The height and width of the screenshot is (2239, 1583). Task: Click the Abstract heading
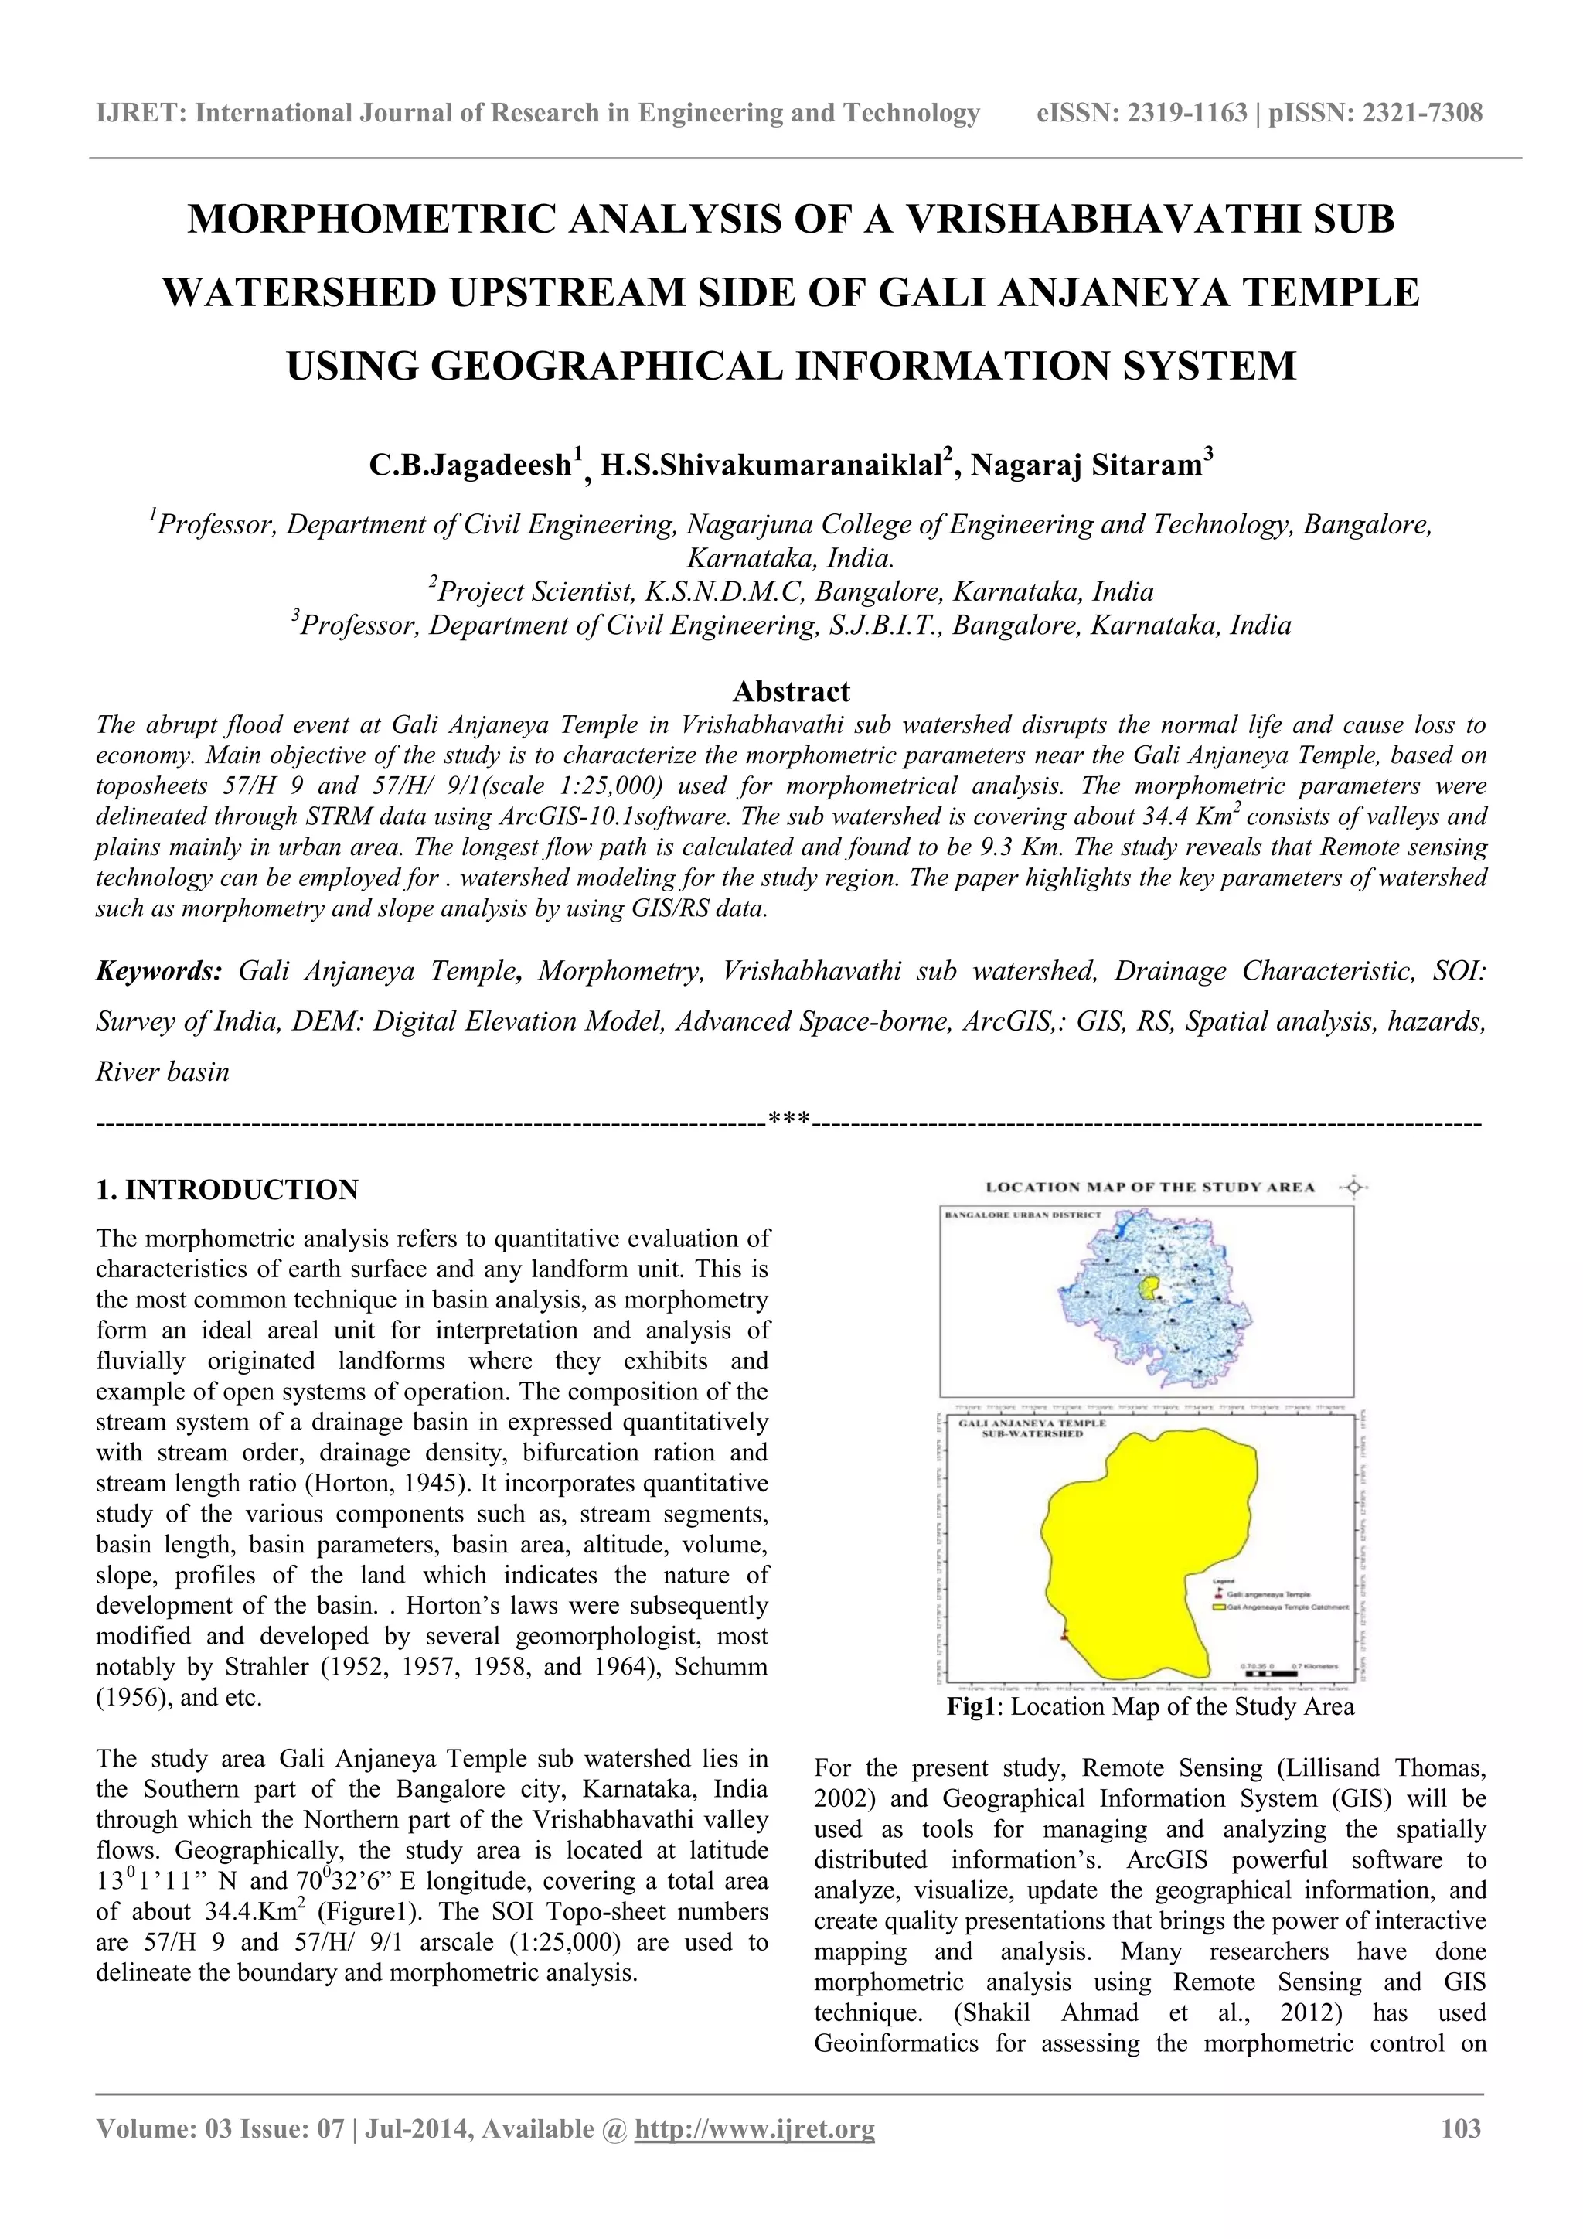click(x=791, y=691)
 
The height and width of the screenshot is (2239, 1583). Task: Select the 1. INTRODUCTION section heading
click(x=227, y=1190)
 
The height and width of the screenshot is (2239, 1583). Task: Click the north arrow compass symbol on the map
click(x=1354, y=1187)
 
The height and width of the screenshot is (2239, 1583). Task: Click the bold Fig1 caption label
click(x=975, y=1706)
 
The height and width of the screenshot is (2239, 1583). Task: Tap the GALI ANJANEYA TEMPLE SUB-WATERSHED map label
click(x=1032, y=1429)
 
